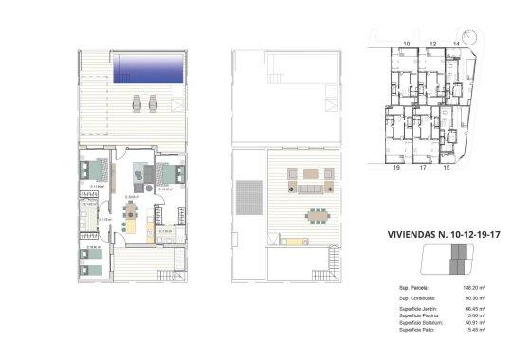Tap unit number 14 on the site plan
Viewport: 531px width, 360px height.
point(456,44)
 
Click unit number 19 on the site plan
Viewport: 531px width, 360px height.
point(396,167)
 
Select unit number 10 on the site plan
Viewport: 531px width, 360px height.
point(406,44)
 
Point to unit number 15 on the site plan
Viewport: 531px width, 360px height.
point(447,167)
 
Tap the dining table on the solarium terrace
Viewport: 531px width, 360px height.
point(318,214)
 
